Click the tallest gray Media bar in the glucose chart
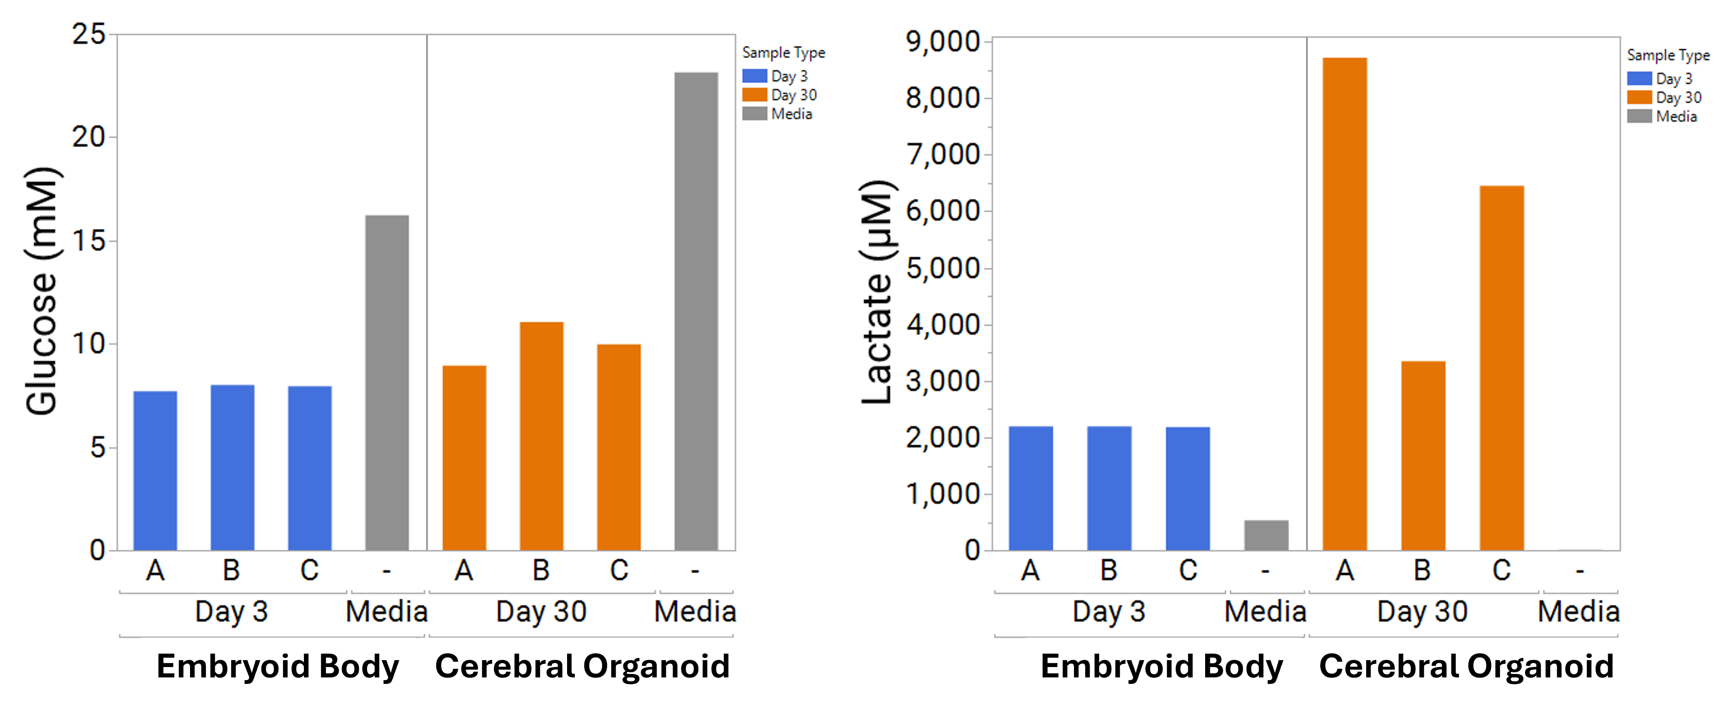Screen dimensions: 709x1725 click(696, 311)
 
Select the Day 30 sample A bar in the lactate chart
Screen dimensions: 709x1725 click(1345, 304)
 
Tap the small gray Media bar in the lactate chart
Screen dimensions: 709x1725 click(1266, 535)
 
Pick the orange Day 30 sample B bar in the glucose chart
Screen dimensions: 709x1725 click(541, 436)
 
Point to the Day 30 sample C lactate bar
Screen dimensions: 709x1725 click(1501, 368)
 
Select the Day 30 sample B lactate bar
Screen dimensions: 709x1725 click(1423, 455)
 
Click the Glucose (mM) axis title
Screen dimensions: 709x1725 click(42, 291)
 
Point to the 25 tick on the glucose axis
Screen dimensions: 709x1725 click(89, 34)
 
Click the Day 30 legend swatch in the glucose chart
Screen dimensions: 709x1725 click(754, 95)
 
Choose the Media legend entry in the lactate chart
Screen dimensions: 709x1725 click(1676, 116)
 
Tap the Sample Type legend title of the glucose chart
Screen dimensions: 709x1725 click(784, 53)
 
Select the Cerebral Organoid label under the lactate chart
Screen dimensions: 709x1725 click(1466, 667)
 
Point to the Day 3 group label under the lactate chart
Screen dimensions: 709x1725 click(1109, 611)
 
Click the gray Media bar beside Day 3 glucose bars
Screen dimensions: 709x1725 click(387, 382)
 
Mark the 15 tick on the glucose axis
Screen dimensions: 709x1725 click(89, 241)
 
